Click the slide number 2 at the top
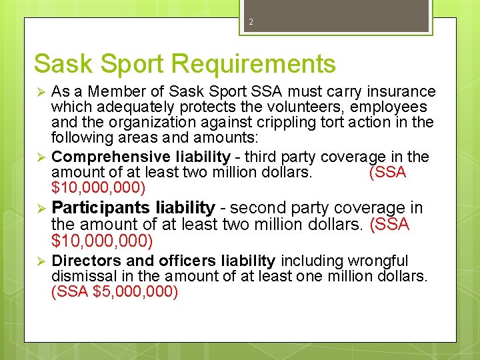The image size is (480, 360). point(251,22)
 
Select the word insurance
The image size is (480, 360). point(403,91)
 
